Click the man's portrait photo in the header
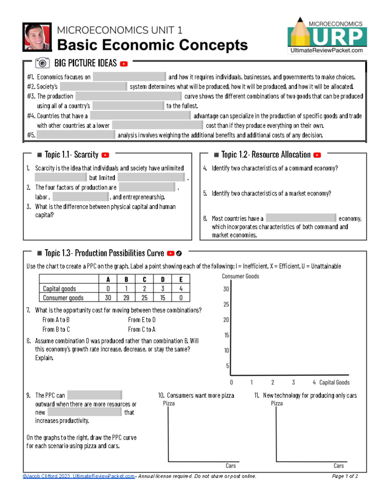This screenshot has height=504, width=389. point(37,37)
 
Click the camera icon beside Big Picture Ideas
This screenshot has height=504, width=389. point(42,63)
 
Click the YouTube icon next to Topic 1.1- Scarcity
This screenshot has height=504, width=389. point(105,155)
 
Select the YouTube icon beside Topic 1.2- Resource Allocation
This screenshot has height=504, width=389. point(317,155)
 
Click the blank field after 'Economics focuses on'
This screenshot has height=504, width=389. point(129,77)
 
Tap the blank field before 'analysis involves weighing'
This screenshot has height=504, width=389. point(76,135)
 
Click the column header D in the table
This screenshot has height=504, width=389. point(163,279)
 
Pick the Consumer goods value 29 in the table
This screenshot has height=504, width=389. point(126,298)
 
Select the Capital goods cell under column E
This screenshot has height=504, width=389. point(181,289)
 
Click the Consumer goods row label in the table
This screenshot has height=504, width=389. point(63,298)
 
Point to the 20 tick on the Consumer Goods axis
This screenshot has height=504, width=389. point(226,320)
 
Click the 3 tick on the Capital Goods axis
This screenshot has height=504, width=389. point(293,382)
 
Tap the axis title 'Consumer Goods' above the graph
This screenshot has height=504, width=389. point(240,276)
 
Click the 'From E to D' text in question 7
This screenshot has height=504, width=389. point(142,320)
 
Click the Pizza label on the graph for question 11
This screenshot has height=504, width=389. point(277,403)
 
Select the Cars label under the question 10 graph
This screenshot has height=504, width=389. point(230,466)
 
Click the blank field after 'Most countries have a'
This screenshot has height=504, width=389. point(301,218)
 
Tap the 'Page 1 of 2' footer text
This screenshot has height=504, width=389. point(345,476)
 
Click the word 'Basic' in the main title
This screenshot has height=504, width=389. point(77,45)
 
